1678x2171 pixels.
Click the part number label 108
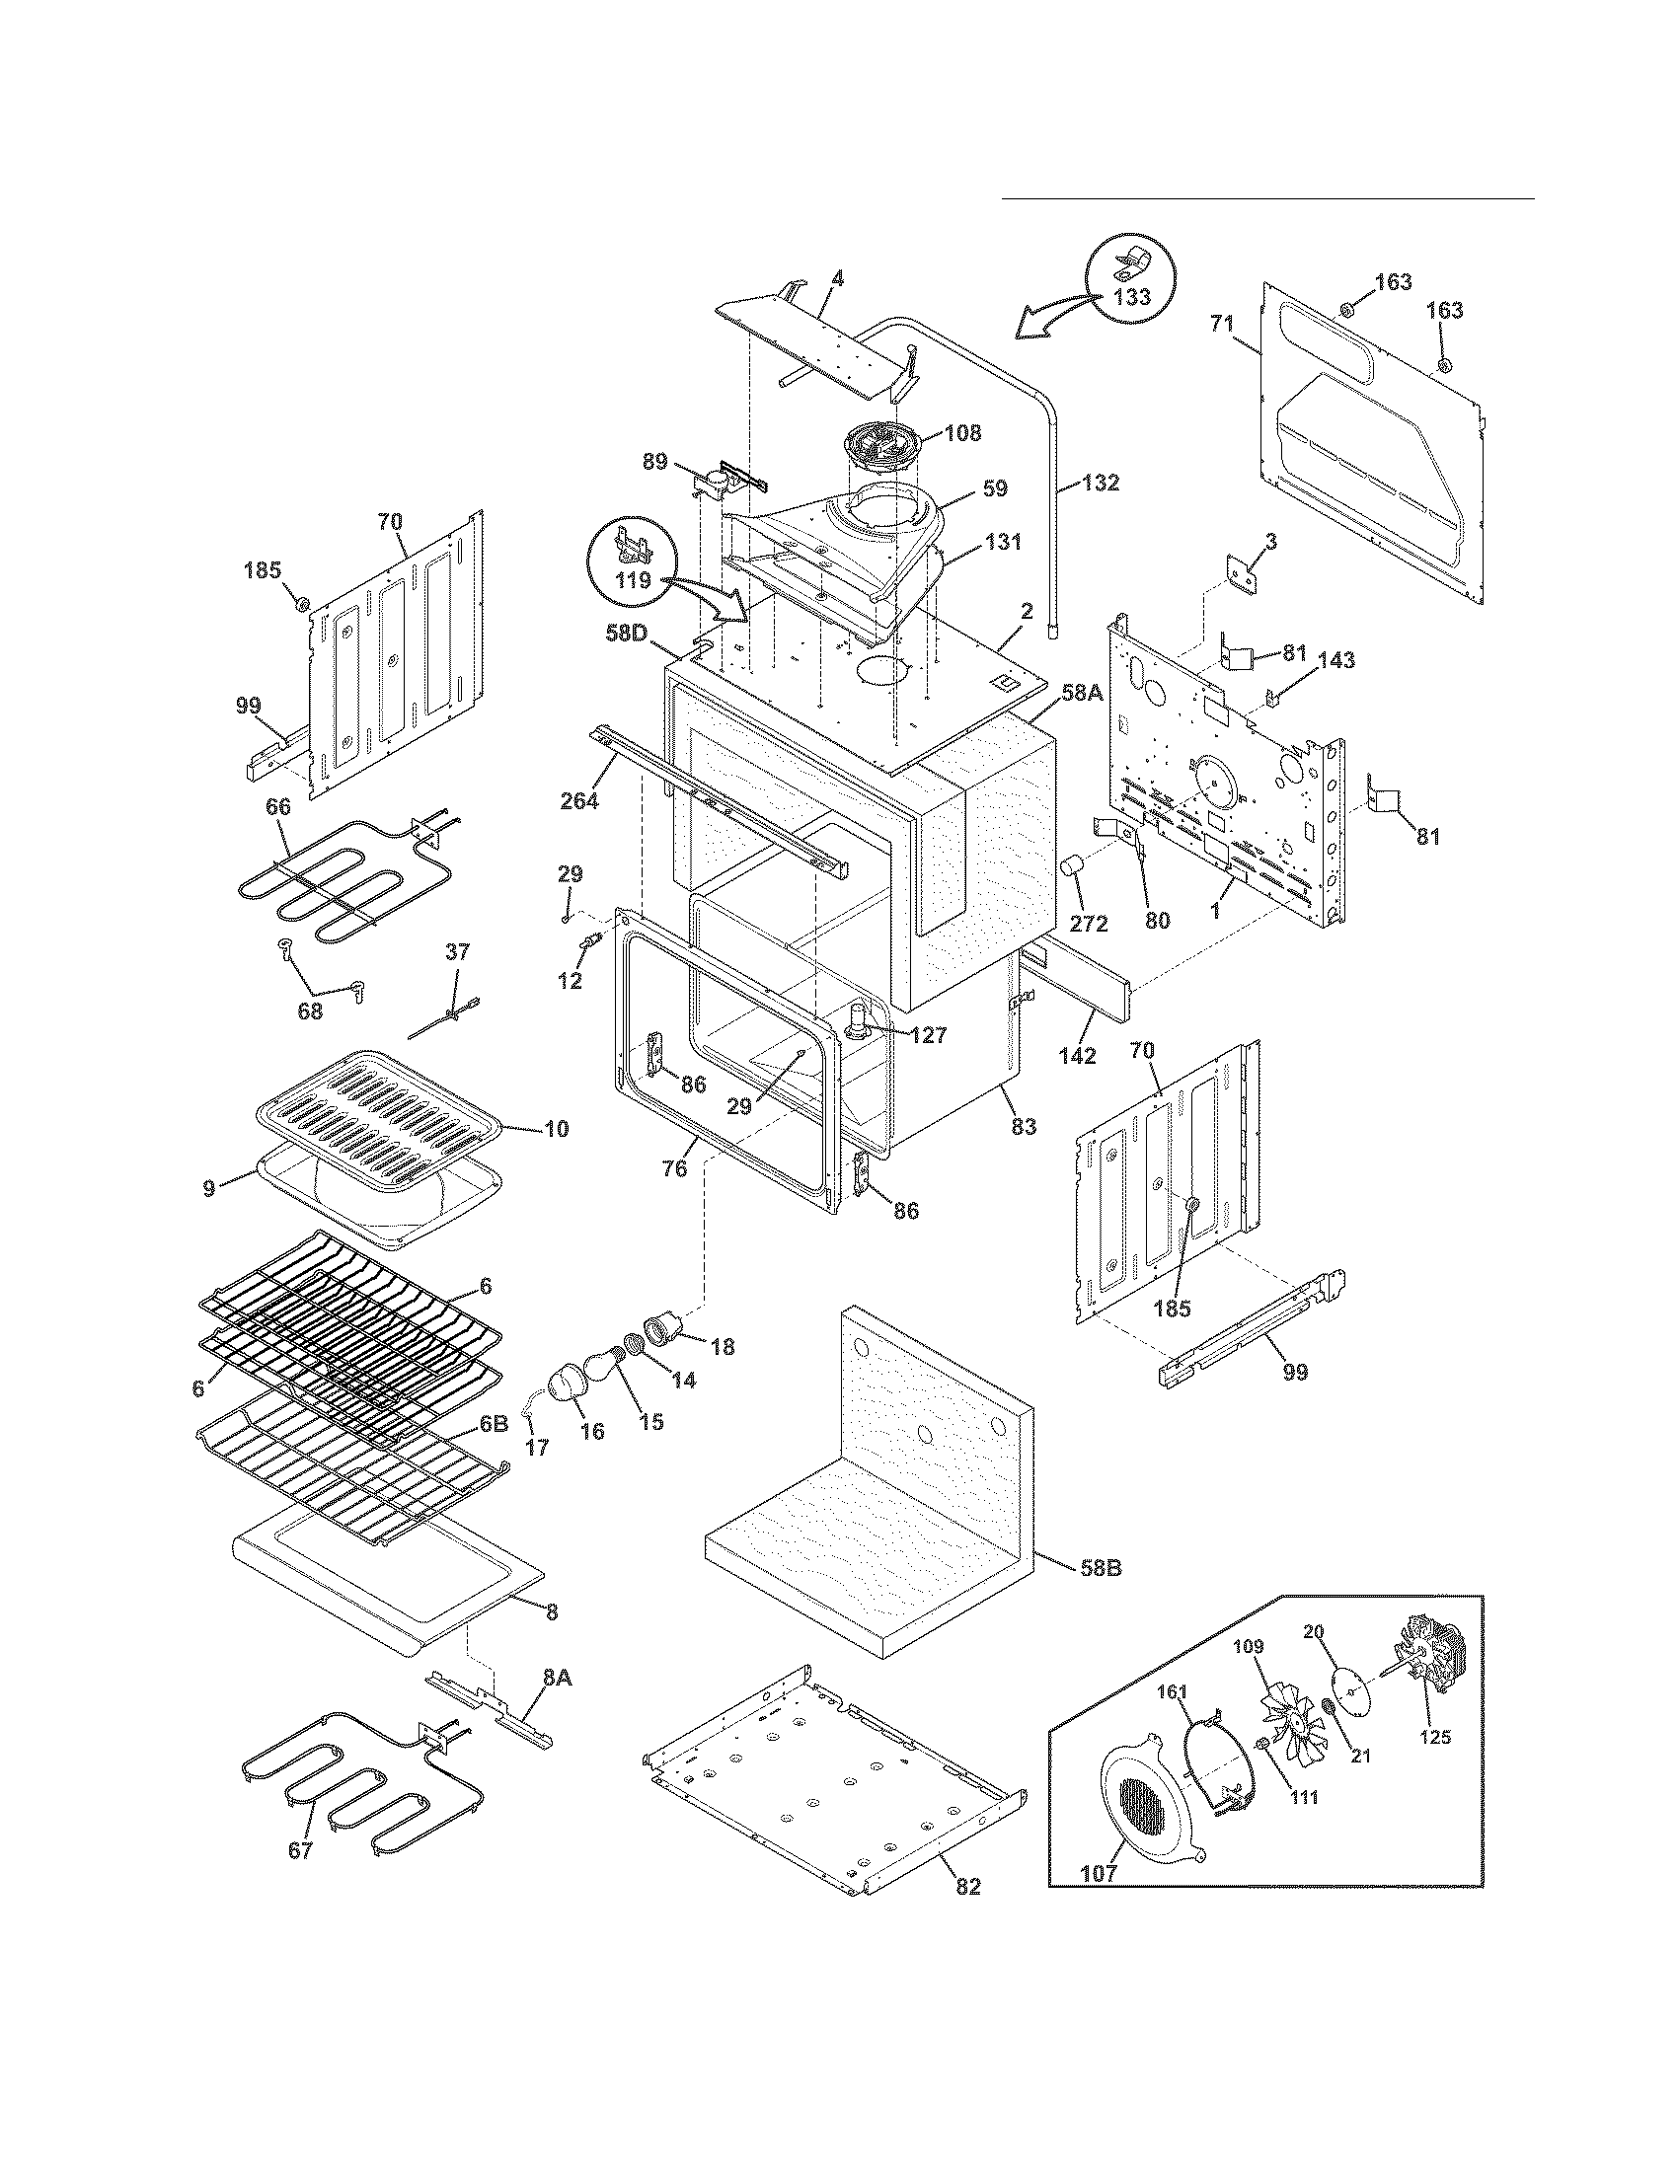[962, 433]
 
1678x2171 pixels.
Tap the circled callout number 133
[1132, 297]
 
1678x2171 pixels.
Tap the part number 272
[1088, 923]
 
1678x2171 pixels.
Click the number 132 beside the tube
[1101, 484]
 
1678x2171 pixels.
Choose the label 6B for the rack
[496, 1422]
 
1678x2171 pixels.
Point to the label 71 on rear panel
[1221, 323]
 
